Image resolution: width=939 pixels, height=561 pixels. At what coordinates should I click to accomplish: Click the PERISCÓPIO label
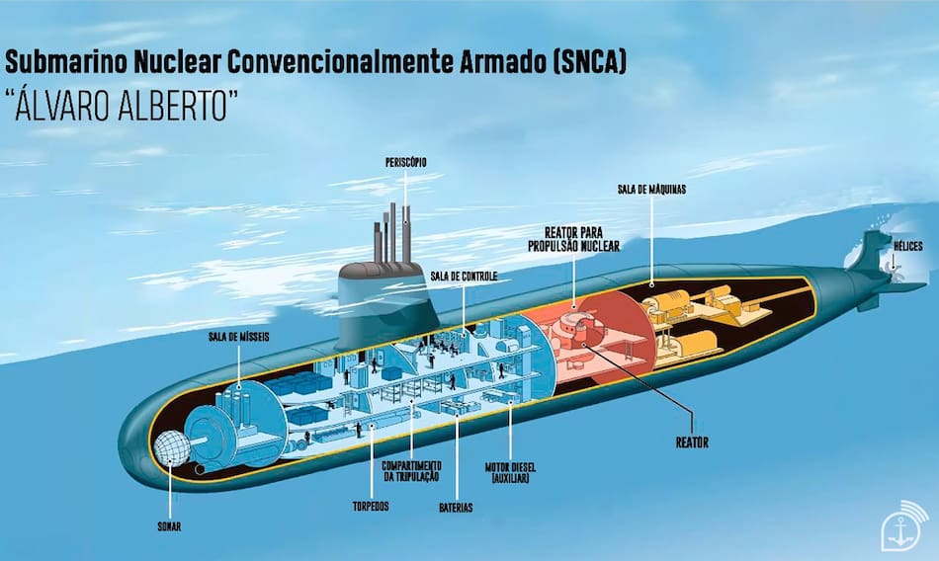(406, 161)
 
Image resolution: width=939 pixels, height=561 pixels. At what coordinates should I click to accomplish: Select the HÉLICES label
(908, 245)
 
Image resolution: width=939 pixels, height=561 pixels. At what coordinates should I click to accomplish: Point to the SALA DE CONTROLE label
(463, 276)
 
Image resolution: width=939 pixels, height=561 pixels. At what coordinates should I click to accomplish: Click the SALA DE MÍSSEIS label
(238, 336)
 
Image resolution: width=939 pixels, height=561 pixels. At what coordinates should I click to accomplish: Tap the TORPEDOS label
(369, 507)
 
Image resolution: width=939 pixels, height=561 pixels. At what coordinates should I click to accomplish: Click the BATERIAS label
(457, 508)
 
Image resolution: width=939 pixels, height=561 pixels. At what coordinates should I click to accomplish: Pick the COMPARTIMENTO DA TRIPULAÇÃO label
(413, 471)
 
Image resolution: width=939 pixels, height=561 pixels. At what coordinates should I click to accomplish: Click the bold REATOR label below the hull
(692, 442)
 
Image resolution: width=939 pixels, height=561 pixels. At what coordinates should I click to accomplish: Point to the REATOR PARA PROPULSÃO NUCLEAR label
(574, 239)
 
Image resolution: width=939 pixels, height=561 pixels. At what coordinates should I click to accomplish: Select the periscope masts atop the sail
(392, 235)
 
